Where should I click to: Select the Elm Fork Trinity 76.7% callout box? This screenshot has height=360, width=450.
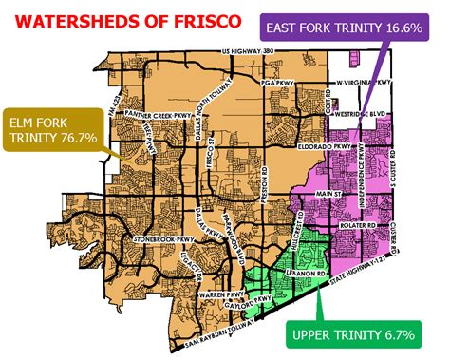[x=55, y=130]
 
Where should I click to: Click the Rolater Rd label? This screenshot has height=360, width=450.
[x=357, y=226]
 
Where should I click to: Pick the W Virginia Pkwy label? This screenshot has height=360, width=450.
[x=365, y=83]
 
